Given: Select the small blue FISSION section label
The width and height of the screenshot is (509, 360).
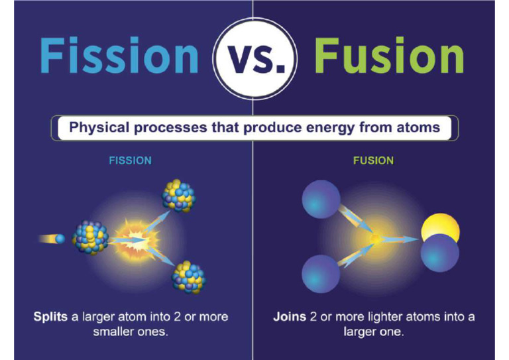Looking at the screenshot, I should pos(130,161).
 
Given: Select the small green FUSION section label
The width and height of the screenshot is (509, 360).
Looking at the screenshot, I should pos(373,161).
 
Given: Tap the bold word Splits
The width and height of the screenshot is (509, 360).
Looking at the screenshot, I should pos(50,317).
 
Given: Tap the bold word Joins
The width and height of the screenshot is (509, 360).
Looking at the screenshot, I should pos(290,317).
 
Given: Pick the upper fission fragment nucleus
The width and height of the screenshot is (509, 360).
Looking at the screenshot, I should pos(178,195).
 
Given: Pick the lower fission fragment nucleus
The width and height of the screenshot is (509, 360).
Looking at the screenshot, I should pos(188,276).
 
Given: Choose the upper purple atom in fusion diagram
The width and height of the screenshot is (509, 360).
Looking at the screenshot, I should pos(321,198).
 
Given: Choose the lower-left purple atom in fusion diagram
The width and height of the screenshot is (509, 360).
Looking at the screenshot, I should pos(321,273).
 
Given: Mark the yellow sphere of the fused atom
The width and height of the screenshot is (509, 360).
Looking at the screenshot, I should pos(443,228).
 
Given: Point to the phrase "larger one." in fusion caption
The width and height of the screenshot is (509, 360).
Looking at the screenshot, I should pos(373,331).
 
